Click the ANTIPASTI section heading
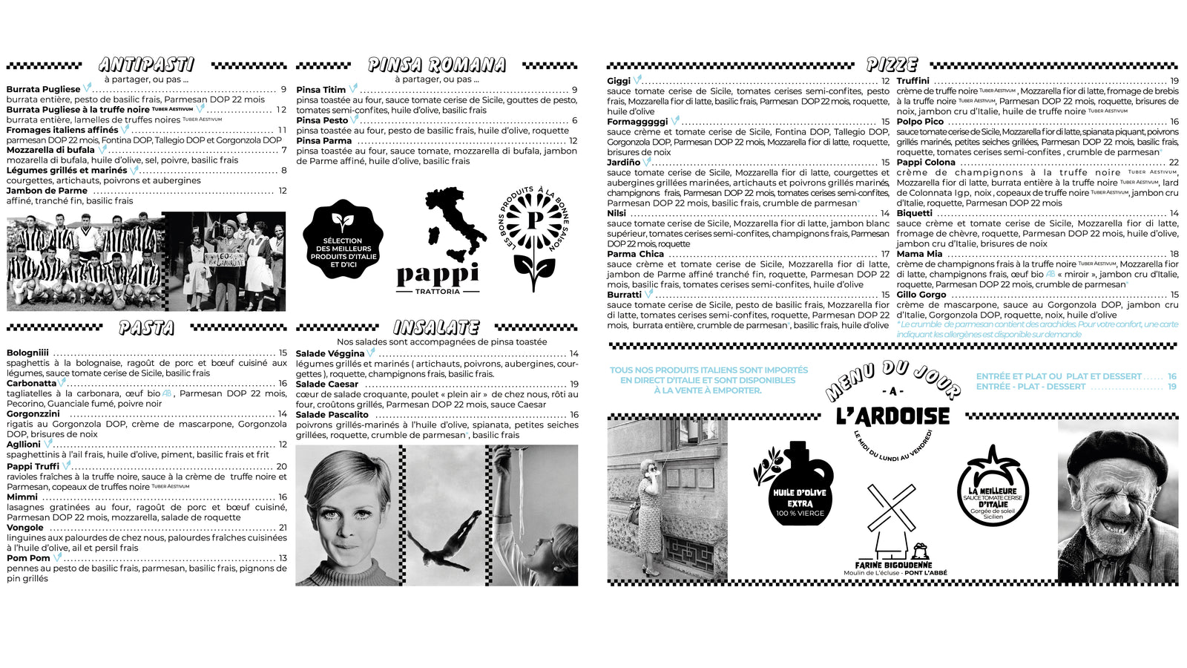146,65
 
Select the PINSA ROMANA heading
437,65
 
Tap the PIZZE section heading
892,65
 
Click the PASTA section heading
146,328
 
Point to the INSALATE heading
436,327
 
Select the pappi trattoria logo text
438,275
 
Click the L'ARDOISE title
892,416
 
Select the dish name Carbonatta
31,384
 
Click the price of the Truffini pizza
1174,81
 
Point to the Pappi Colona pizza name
925,163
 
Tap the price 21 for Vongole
283,528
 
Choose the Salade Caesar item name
326,384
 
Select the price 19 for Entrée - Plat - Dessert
1171,387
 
